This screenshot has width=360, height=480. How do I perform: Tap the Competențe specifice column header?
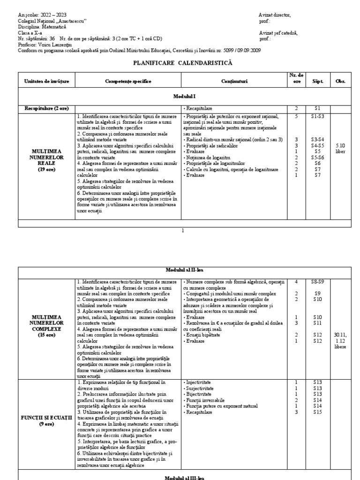tap(128, 82)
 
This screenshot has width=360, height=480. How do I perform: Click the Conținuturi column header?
tap(235, 82)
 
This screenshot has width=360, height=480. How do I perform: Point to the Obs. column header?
tap(340, 82)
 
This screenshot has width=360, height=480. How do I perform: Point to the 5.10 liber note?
tap(340, 149)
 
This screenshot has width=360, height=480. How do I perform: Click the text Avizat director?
tap(275, 15)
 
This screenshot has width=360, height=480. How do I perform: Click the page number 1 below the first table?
tap(183, 230)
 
